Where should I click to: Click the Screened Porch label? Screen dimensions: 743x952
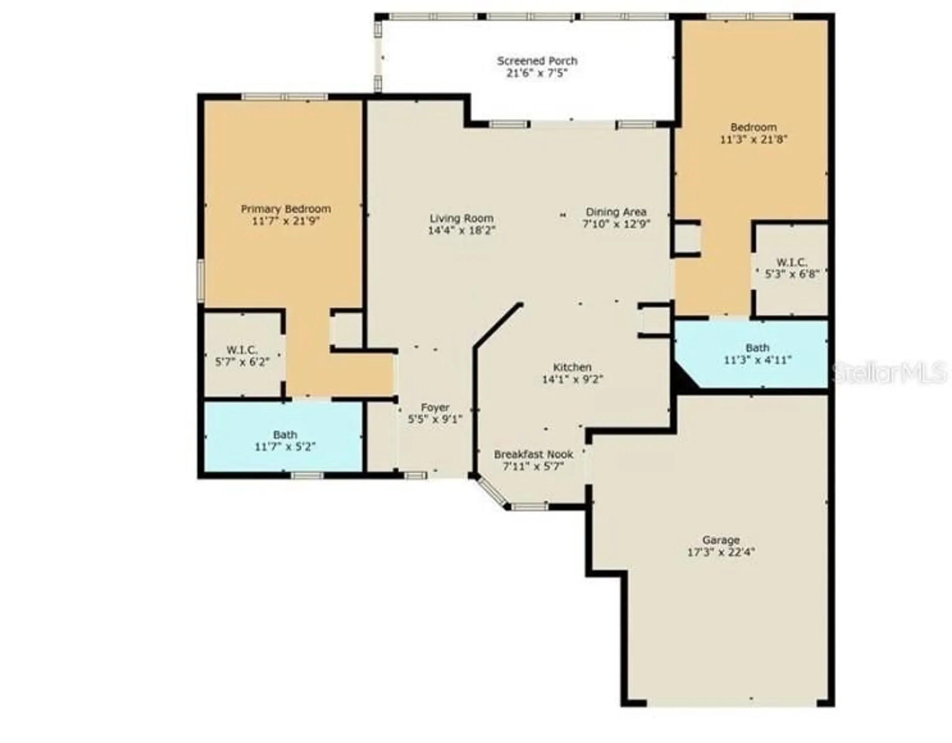click(x=537, y=61)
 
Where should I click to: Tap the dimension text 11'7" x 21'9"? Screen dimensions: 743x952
click(x=285, y=221)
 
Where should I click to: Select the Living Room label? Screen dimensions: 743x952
click(x=461, y=218)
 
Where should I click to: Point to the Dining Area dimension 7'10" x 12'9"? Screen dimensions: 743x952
click(x=616, y=224)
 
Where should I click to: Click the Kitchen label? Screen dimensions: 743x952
click(x=572, y=367)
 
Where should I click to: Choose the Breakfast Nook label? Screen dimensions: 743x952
click(x=533, y=454)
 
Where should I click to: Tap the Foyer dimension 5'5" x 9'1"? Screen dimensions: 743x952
click(x=435, y=420)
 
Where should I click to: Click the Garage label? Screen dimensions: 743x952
click(x=721, y=540)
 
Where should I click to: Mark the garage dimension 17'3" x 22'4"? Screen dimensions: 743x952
click(x=721, y=552)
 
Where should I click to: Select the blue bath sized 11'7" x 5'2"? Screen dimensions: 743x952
click(x=285, y=441)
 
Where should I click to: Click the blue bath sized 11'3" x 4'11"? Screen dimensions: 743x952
click(x=757, y=354)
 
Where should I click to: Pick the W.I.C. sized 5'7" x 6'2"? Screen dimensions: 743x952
click(x=242, y=356)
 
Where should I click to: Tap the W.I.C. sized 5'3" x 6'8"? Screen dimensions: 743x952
click(x=792, y=268)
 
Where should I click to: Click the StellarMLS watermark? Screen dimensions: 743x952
click(x=889, y=372)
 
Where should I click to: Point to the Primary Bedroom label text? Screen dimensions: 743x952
click(x=286, y=209)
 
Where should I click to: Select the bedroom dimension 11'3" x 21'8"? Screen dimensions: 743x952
click(x=753, y=140)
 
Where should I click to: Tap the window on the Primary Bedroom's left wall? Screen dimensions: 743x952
click(x=201, y=280)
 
